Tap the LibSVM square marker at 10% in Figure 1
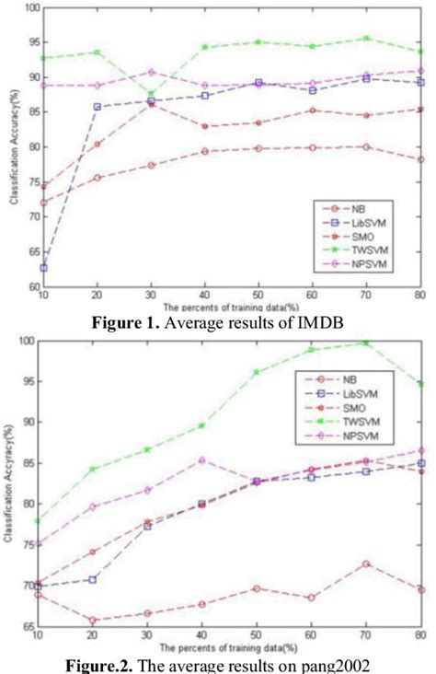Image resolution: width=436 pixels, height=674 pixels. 43,268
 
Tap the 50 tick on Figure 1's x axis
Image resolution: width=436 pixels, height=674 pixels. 259,292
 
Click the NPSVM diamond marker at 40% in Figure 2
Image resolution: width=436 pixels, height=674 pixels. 204,459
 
